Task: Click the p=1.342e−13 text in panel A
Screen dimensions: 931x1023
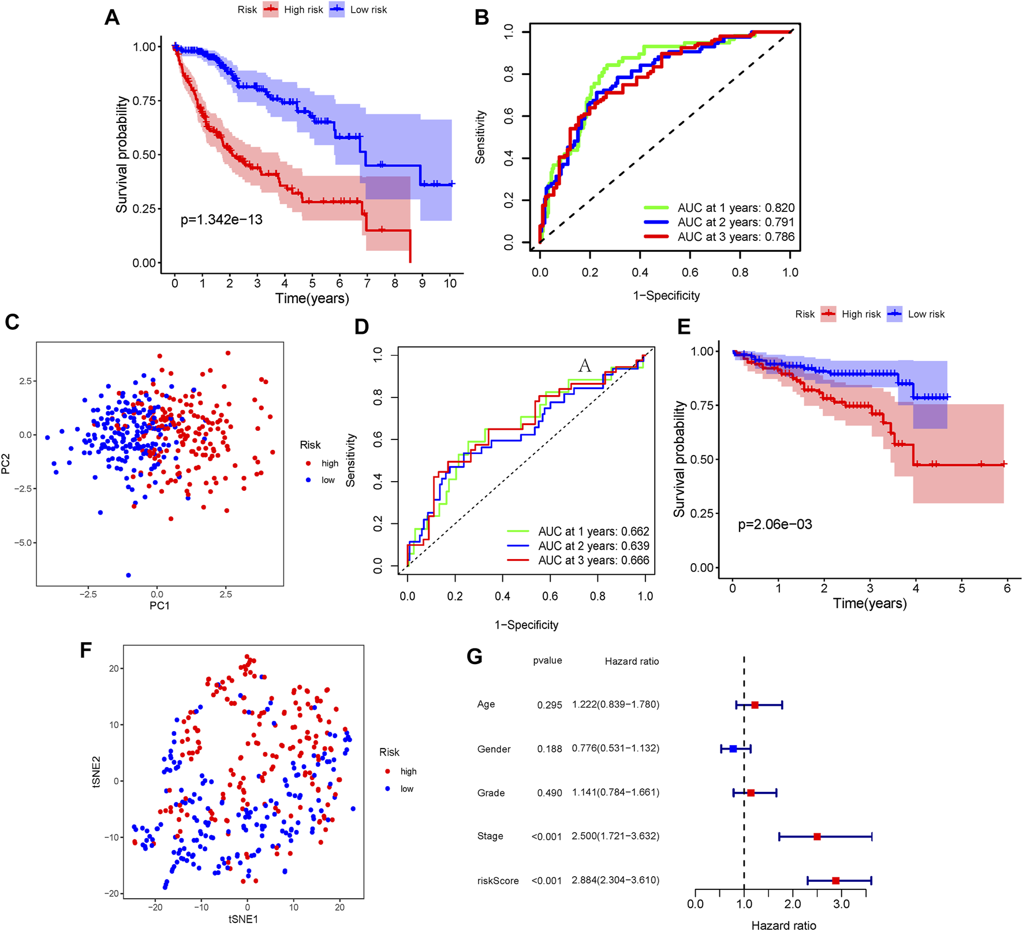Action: point(221,220)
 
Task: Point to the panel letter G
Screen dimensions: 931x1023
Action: point(474,657)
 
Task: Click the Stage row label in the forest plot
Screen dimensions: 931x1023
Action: point(490,836)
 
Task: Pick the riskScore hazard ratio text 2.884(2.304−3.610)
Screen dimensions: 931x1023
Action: point(615,880)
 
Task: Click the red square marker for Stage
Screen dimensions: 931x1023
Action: point(817,836)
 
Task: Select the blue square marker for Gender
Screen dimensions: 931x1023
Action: point(733,749)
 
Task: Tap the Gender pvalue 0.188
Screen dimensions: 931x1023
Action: point(549,749)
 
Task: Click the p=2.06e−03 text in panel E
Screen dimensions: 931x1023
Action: point(775,524)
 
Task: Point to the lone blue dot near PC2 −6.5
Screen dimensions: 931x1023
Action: point(128,575)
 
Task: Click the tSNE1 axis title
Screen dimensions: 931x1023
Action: point(243,919)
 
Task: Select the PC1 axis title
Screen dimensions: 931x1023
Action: point(159,606)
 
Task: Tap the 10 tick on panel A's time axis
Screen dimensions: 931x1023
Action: point(450,284)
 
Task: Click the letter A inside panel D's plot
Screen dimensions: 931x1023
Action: point(585,366)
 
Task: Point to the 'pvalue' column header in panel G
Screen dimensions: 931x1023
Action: point(547,661)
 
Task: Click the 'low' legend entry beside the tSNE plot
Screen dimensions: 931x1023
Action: point(406,789)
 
